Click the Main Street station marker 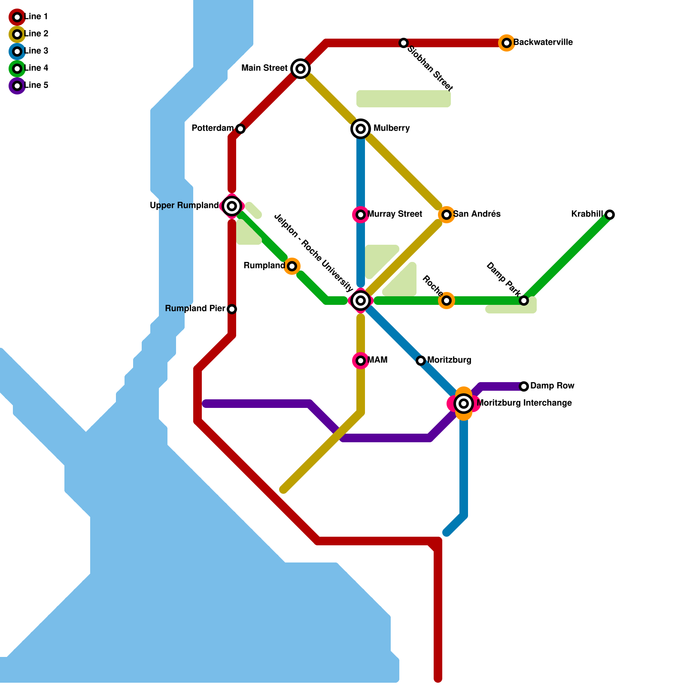pos(301,69)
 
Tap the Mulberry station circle pos(361,129)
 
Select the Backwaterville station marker pos(507,43)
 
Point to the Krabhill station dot pos(610,215)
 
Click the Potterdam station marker pos(240,129)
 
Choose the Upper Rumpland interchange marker pos(232,206)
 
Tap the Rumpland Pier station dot pos(232,309)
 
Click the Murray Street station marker pos(361,215)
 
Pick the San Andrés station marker pos(447,215)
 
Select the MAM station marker pos(361,361)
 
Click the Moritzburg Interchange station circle pos(464,404)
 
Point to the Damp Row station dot pos(524,386)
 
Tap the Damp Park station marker pos(524,301)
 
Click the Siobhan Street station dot pos(404,43)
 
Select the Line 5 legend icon pos(17,86)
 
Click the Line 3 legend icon pos(17,52)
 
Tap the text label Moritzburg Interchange pos(524,403)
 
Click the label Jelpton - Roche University pos(313,253)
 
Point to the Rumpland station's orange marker pos(292,266)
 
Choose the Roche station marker pos(447,301)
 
